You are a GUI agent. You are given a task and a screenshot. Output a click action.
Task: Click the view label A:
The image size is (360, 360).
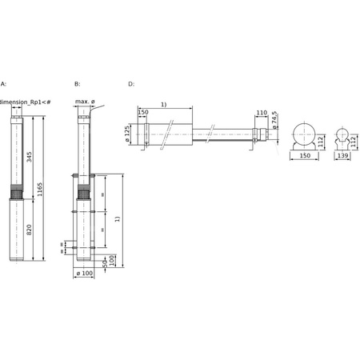(3, 83)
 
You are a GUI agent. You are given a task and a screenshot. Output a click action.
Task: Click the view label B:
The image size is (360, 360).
(77, 83)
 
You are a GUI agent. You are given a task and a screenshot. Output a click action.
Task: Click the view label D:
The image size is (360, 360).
(131, 83)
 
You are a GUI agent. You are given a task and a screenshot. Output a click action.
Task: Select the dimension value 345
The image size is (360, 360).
(29, 158)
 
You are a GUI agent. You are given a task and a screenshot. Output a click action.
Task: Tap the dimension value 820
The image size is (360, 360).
(29, 230)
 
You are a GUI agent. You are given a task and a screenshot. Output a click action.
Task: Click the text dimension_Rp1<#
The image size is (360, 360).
(27, 102)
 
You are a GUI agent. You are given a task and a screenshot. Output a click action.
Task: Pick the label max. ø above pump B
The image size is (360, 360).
(86, 102)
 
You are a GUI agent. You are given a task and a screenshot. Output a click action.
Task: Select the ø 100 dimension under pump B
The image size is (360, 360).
(84, 274)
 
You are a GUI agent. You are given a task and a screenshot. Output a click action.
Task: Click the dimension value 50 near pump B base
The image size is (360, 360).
(104, 262)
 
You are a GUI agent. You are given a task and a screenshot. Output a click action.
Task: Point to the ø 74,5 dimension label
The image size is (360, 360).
(274, 120)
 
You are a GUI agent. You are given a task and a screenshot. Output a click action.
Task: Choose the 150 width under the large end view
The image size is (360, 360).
(303, 158)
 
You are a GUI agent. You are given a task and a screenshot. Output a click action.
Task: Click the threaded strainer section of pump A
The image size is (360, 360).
(17, 194)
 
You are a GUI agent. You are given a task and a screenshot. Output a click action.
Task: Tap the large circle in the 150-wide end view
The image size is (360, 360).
(303, 134)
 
